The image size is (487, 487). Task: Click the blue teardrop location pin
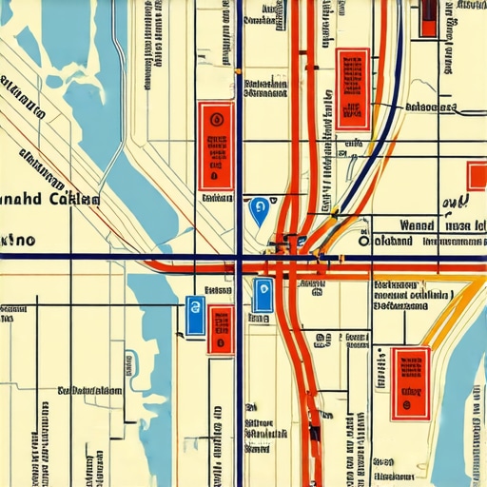point(258,210)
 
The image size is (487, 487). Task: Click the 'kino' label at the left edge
point(17,241)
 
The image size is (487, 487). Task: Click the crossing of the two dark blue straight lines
point(239,258)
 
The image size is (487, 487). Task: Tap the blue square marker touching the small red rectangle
point(195,316)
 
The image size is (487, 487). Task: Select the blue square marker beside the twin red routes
point(262,297)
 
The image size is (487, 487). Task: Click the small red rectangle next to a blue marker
point(221,329)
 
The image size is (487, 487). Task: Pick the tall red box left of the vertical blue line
point(216,146)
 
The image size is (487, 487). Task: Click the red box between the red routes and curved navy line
point(352,88)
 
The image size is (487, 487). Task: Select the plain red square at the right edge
point(477,175)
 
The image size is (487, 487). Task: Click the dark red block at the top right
point(429,17)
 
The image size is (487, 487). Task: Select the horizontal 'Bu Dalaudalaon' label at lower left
point(89,390)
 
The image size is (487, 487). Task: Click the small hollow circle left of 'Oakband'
point(363,242)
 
